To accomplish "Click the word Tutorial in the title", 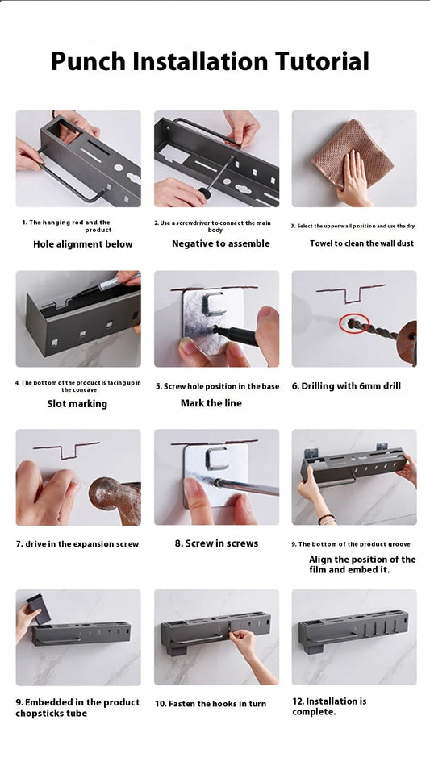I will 322,62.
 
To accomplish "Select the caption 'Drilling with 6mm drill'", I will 346,386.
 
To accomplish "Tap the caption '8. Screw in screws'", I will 216,543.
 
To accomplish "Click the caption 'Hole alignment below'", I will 82,244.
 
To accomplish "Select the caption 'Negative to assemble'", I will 220,244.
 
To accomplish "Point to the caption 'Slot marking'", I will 77,404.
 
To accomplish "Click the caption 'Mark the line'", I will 211,403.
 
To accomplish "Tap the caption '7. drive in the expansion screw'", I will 77,544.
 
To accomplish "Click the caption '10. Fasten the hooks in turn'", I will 211,704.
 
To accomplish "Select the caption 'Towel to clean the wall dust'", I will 361,243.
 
